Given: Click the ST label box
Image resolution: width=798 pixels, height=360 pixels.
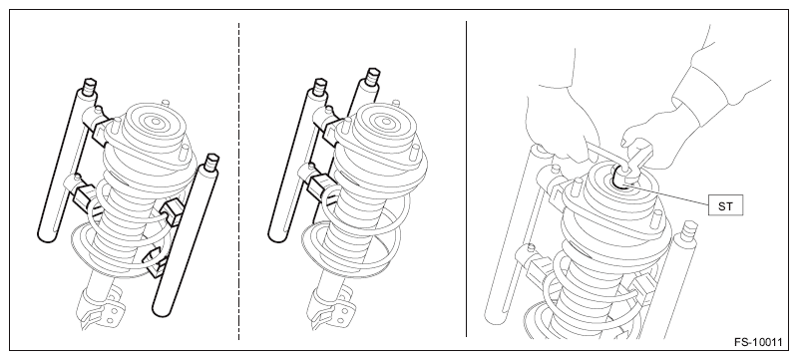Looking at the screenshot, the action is point(725,206).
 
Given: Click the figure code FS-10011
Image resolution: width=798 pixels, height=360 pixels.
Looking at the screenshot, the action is point(758,342).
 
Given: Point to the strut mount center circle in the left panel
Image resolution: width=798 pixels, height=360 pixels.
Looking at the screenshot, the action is point(156,122).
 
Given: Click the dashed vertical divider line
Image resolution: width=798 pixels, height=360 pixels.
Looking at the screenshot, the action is point(238,180).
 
